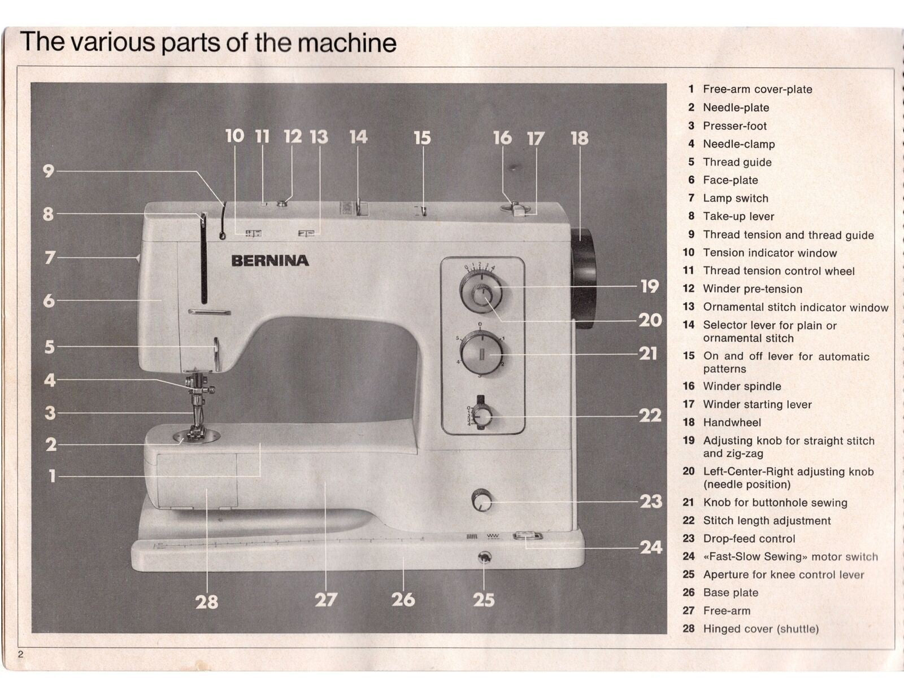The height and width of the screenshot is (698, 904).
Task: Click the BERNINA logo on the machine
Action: point(270,260)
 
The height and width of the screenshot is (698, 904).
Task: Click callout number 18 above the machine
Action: point(579,138)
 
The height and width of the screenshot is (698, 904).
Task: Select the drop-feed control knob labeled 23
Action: point(481,500)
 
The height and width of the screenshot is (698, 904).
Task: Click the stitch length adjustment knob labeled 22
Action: point(482,417)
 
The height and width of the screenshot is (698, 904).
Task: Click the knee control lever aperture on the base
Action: point(484,558)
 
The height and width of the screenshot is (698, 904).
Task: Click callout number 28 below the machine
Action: point(207,602)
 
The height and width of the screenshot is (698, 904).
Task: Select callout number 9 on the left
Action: point(49,171)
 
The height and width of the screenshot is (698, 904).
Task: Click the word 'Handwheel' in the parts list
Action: point(732,422)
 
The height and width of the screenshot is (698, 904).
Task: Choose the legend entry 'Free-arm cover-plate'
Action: point(757,89)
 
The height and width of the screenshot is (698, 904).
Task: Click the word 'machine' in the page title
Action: point(347,43)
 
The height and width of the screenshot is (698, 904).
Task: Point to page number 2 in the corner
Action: point(21,655)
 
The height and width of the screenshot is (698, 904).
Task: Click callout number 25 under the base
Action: point(484,600)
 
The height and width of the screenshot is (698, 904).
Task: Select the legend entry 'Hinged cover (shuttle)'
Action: point(760,629)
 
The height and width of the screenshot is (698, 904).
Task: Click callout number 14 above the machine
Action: point(358,137)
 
